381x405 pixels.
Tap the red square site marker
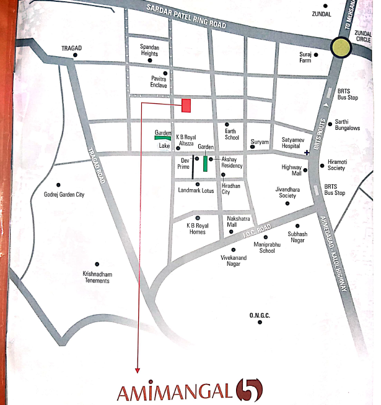(186, 105)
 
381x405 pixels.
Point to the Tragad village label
(72, 47)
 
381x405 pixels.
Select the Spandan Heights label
(150, 51)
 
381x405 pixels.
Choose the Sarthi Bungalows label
(348, 125)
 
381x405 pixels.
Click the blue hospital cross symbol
(307, 152)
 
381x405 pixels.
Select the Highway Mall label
(291, 170)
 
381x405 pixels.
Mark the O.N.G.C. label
(260, 315)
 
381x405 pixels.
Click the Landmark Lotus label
(196, 190)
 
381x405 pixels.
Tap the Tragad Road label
(97, 168)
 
